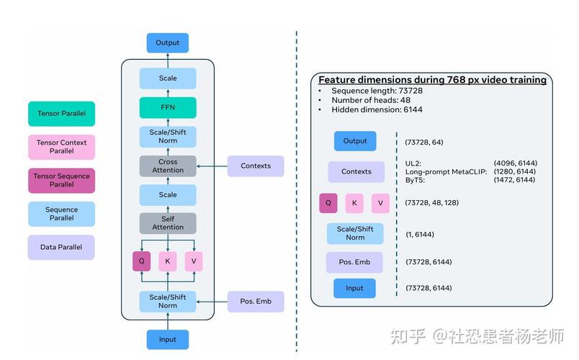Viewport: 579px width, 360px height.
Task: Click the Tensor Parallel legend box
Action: (61, 114)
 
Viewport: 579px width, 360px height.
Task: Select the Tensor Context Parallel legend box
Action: (61, 147)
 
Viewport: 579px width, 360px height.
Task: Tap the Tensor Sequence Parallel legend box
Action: (61, 180)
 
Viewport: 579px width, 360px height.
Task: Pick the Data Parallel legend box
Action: (61, 247)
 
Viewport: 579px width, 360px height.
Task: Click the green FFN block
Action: (168, 108)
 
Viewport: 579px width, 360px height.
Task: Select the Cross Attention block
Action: (168, 166)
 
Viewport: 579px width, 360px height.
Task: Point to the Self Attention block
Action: (168, 223)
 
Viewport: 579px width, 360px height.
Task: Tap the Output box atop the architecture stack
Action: (168, 42)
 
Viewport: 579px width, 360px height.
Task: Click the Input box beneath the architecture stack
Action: (168, 339)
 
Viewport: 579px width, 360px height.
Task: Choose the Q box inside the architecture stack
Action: (142, 260)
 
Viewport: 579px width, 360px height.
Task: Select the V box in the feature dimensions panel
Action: (380, 203)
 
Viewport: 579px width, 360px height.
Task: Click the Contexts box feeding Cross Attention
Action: (256, 166)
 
